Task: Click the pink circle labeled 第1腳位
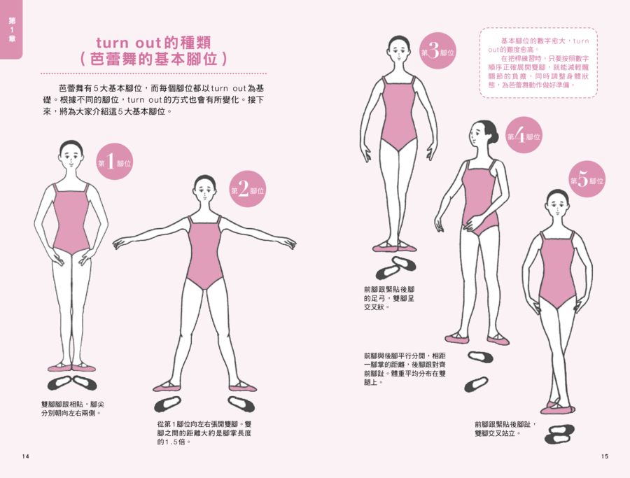115,162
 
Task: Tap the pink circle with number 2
247,189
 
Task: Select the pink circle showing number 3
437,50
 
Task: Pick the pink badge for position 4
524,135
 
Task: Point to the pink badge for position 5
587,179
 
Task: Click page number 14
26,456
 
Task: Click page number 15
605,456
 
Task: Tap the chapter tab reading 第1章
11,29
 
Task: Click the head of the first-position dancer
71,155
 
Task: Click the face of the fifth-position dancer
558,208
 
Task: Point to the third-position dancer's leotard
398,113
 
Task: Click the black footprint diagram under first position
72,383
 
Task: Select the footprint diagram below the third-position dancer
395,267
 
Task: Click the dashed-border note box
538,63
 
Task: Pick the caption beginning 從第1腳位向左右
204,433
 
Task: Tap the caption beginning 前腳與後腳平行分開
405,369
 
